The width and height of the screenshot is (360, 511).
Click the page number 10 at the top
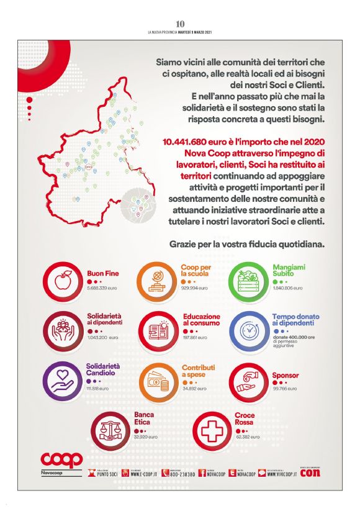click(x=180, y=24)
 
